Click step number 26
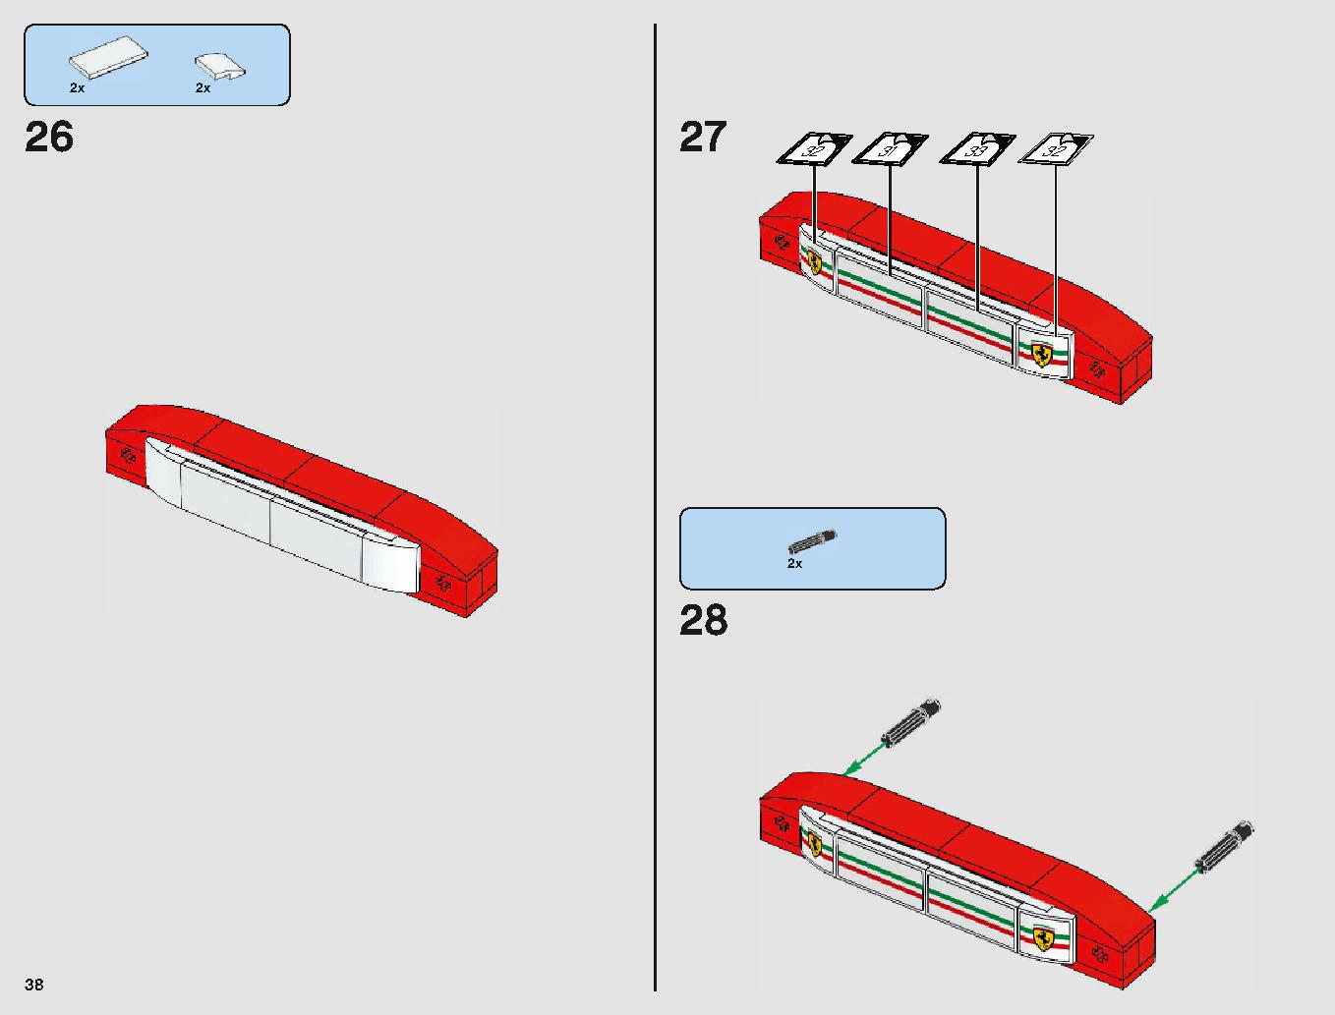tap(49, 137)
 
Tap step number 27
tap(703, 137)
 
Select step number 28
tap(703, 621)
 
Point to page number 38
tap(34, 984)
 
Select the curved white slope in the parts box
tap(220, 66)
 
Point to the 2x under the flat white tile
tap(78, 88)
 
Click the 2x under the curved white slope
tap(203, 88)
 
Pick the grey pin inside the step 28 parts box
tap(813, 540)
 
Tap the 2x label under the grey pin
tap(795, 564)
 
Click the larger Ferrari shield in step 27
tap(1041, 355)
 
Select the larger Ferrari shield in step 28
tap(1042, 937)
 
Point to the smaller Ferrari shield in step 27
tap(814, 262)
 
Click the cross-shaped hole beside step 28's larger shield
tap(1100, 954)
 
